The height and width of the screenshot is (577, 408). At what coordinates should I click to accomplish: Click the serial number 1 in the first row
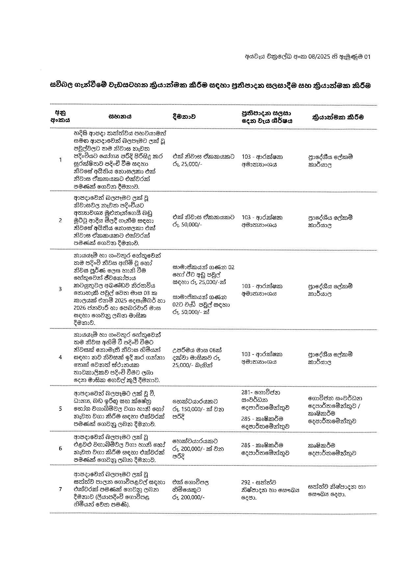point(60,160)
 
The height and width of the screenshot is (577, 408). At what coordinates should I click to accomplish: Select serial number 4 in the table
point(60,357)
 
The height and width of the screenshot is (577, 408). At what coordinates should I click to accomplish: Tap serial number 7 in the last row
point(60,489)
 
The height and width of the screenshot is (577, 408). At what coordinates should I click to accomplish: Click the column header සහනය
point(120,117)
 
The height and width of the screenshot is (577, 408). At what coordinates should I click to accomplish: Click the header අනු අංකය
point(60,117)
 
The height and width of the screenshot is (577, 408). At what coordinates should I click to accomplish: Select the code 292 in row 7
point(246,483)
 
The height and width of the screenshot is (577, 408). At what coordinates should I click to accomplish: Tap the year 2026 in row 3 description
point(81,308)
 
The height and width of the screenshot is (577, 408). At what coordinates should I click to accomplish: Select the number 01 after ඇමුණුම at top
point(367,57)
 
